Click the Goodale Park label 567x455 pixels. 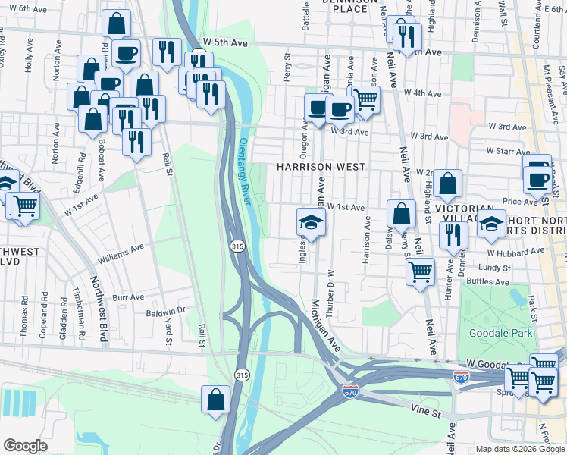coord(500,332)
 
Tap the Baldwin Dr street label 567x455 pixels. coord(166,311)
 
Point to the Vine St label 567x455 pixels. coord(425,412)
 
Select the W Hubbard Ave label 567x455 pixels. coord(516,251)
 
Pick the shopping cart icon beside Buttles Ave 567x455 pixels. coord(420,271)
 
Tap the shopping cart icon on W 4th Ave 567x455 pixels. coord(366,99)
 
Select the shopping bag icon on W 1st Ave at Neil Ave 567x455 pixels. coord(401,214)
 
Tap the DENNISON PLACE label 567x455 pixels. coord(349,6)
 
